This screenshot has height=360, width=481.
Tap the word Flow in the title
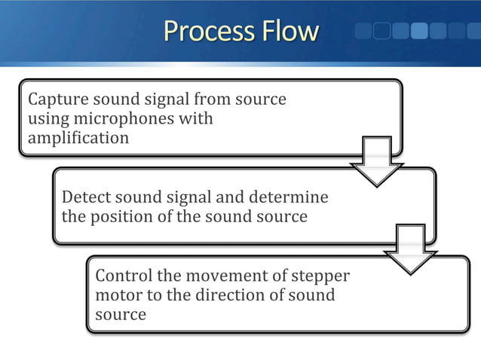tap(290, 32)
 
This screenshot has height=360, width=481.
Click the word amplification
tap(78, 138)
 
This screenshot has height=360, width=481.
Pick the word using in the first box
tap(46, 119)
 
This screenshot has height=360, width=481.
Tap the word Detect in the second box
tap(85, 197)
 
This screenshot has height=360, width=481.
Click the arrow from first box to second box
tap(376, 160)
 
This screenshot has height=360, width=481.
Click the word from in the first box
tap(213, 99)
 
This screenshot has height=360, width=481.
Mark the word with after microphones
tap(198, 119)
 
